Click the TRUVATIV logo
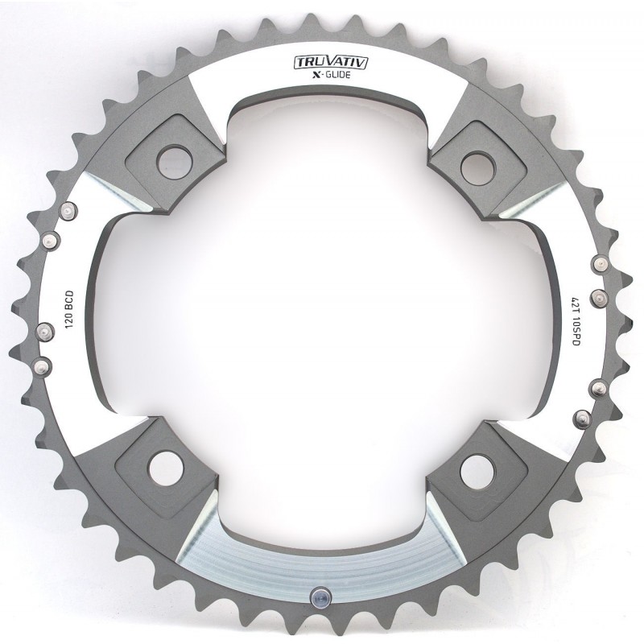point(330,62)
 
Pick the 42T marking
point(575,303)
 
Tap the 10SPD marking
point(575,332)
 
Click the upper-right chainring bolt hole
point(478,169)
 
